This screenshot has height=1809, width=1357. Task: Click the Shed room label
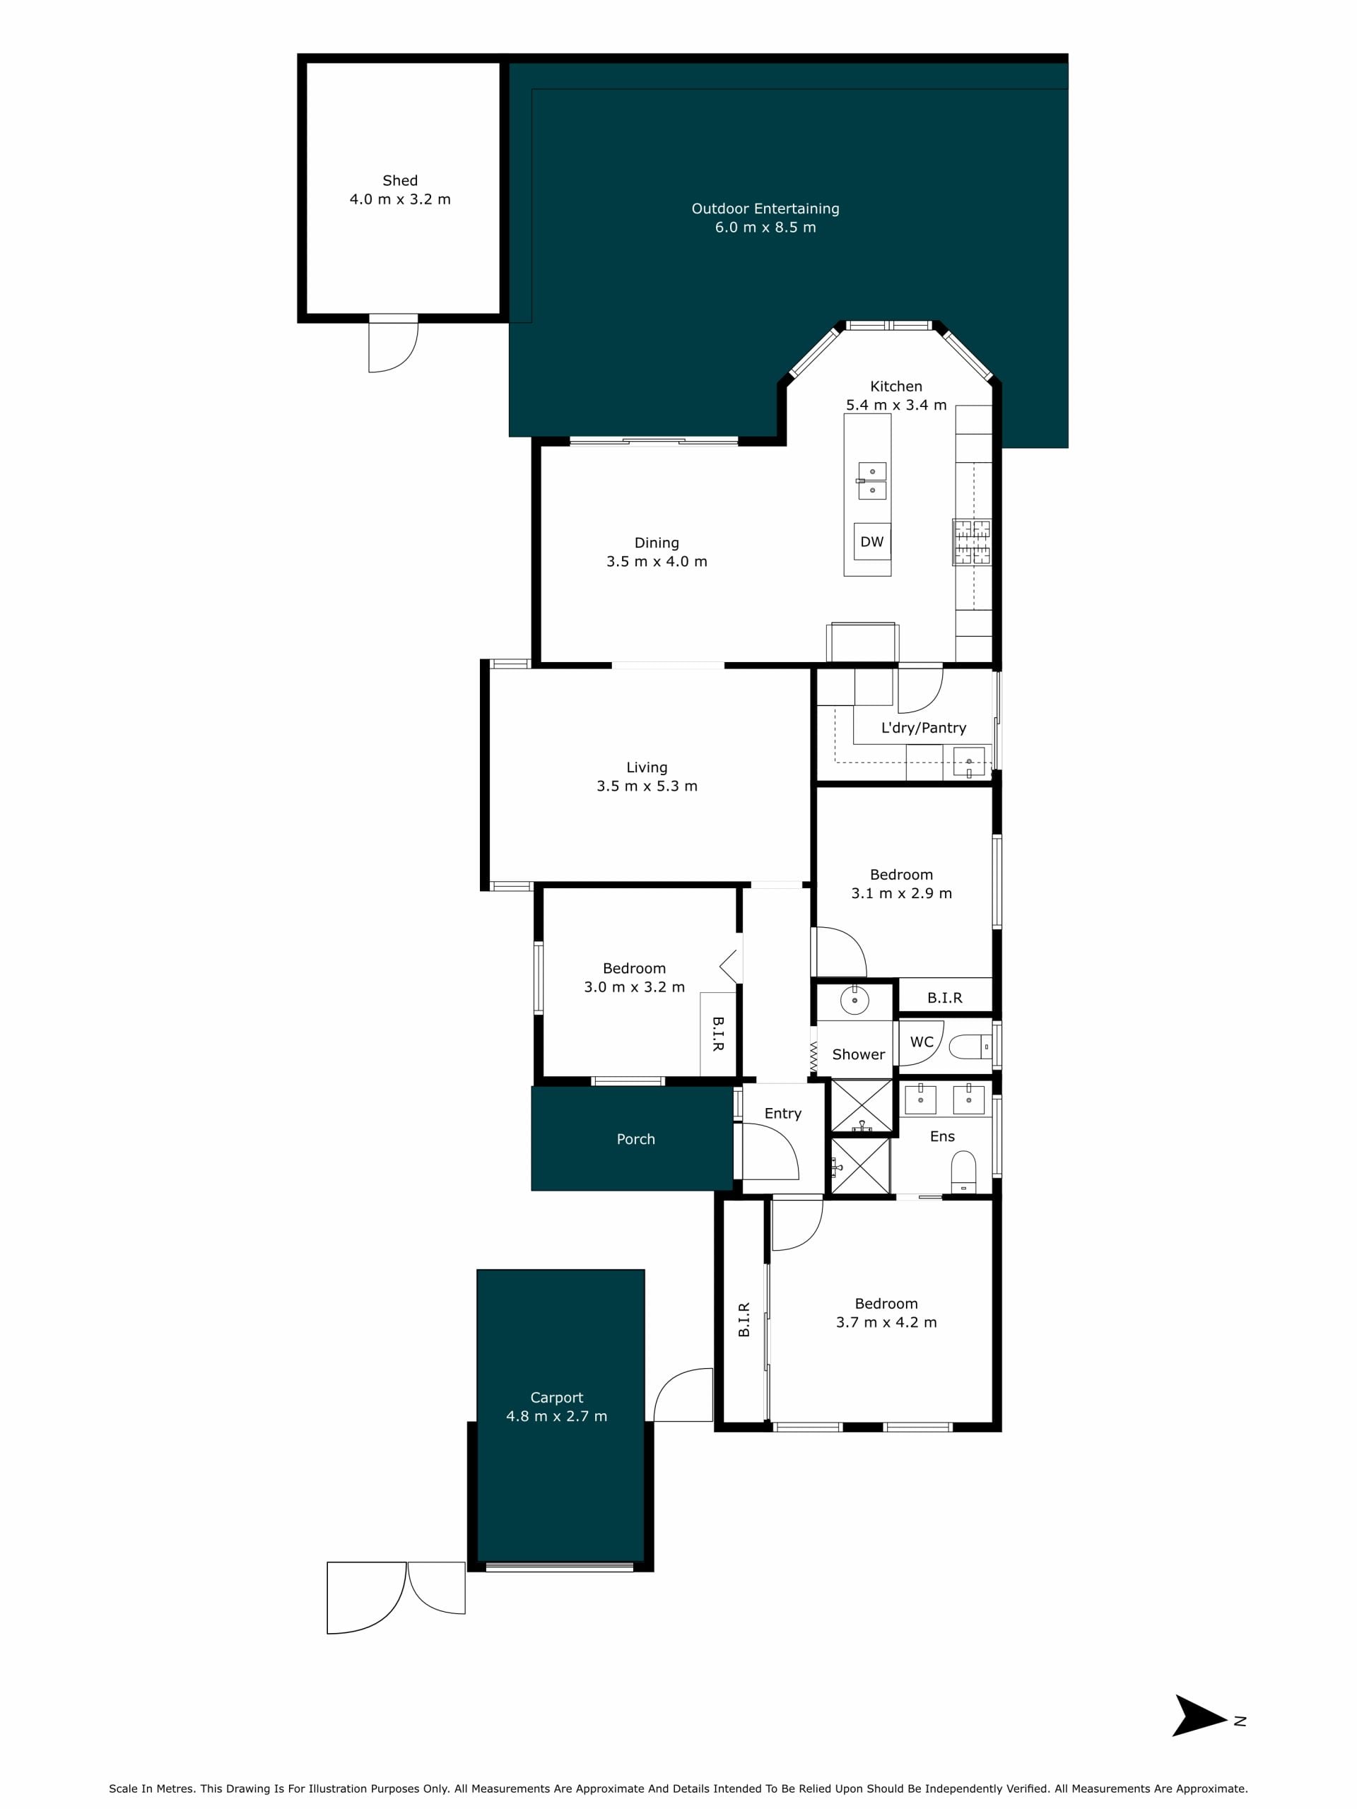click(x=400, y=181)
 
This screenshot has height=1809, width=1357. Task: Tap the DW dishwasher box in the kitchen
click(x=872, y=541)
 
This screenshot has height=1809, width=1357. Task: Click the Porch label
click(x=635, y=1139)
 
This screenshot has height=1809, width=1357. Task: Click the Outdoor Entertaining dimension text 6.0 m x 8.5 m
click(x=765, y=228)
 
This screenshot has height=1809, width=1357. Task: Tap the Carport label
click(x=557, y=1398)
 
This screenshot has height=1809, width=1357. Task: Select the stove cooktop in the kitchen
click(x=972, y=541)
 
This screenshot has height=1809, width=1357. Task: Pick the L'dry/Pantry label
click(x=924, y=728)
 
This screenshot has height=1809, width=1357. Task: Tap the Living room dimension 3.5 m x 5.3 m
click(x=647, y=786)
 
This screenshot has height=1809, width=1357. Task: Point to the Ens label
click(x=942, y=1136)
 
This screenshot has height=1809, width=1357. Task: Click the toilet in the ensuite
click(x=963, y=1171)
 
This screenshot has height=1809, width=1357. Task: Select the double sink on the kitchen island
click(x=871, y=481)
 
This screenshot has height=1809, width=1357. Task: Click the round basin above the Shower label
click(x=854, y=1000)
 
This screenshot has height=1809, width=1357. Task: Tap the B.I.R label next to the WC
click(x=945, y=998)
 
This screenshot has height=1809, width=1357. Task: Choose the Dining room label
click(x=657, y=543)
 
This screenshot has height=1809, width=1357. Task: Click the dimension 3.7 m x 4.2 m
click(x=887, y=1322)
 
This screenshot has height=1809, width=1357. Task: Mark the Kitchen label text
click(x=896, y=386)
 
